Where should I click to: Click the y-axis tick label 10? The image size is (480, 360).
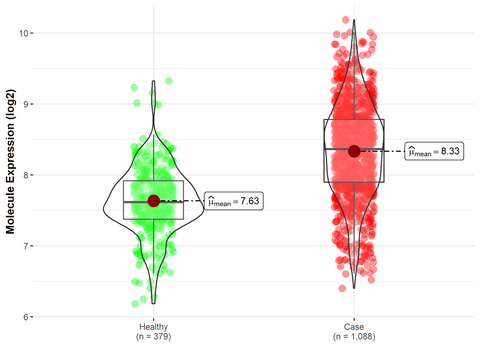pos(23,33)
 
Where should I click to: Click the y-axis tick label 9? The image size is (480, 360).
pos(26,104)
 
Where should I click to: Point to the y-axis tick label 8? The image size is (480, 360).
pos(26,175)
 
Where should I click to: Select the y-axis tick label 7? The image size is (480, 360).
pos(26,246)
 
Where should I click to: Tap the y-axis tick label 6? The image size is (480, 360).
pos(26,317)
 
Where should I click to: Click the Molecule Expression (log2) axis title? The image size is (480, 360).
pos(10,162)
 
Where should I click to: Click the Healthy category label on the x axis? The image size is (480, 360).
pos(153,327)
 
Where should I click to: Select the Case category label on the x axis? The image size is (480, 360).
pos(354,327)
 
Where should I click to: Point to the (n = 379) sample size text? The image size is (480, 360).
pos(153,337)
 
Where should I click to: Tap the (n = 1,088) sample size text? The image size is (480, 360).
pos(354,337)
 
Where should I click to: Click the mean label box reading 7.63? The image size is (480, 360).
pos(234,201)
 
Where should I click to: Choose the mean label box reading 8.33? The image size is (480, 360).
pos(434,151)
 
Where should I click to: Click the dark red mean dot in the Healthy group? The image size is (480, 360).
pos(154,201)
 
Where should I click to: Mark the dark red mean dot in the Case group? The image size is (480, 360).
pos(354,151)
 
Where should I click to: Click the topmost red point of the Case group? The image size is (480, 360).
pos(346,20)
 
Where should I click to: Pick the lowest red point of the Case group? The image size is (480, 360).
pos(342,288)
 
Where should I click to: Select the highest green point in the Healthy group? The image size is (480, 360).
pos(169,81)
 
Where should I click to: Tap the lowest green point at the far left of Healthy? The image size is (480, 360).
pos(135,304)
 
